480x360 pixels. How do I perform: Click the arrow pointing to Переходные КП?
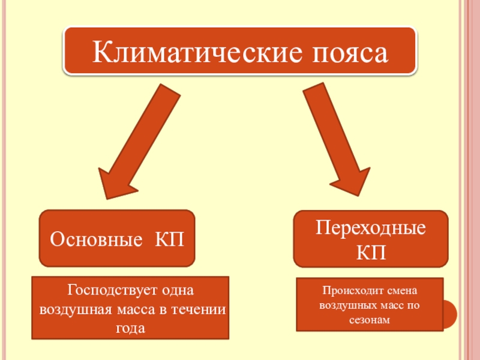(337, 141)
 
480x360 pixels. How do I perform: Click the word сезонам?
(370, 320)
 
